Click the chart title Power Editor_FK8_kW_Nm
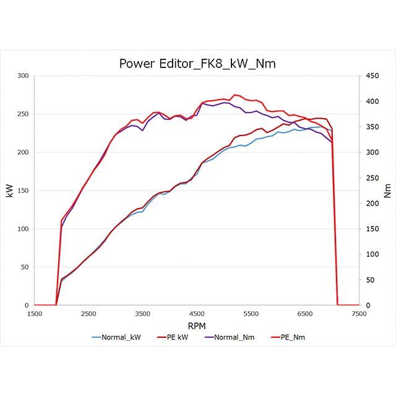tap(197, 64)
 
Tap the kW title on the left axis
tap(9, 191)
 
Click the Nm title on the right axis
tap(387, 191)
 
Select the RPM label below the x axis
tap(197, 325)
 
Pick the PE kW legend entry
tap(175, 337)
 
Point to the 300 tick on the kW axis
tap(23, 75)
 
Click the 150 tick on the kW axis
tap(23, 191)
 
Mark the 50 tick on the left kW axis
tap(25, 267)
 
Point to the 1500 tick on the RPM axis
tap(35, 314)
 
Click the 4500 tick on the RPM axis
tap(197, 314)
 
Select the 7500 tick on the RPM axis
tap(359, 314)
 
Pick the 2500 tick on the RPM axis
tap(88, 314)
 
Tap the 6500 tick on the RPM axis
tap(305, 314)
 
